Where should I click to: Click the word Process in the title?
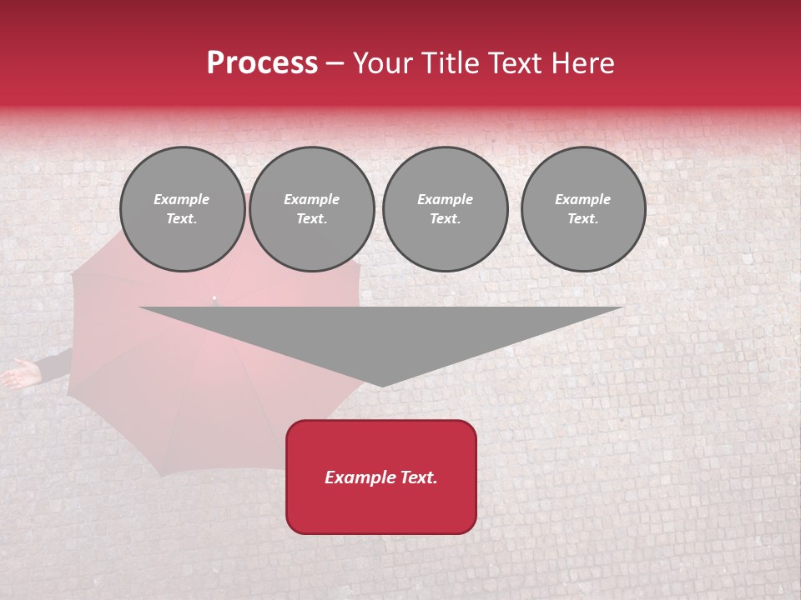(x=262, y=63)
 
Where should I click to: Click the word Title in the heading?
(x=450, y=63)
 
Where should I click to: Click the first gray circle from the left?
(x=183, y=209)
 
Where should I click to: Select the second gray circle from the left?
(x=312, y=209)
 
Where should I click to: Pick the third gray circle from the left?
(x=445, y=209)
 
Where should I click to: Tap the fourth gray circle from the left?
(x=583, y=209)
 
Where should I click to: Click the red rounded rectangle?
(x=381, y=477)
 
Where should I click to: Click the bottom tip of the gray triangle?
(x=381, y=385)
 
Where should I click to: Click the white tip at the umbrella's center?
(x=214, y=297)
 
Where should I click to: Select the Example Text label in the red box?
(x=381, y=477)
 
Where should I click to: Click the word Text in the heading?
(x=513, y=63)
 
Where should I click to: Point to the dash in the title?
(x=335, y=64)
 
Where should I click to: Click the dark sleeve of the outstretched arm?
(x=54, y=365)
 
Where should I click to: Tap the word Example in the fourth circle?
(x=582, y=199)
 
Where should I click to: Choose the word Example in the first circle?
(x=182, y=199)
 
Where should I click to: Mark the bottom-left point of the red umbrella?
(x=160, y=475)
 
